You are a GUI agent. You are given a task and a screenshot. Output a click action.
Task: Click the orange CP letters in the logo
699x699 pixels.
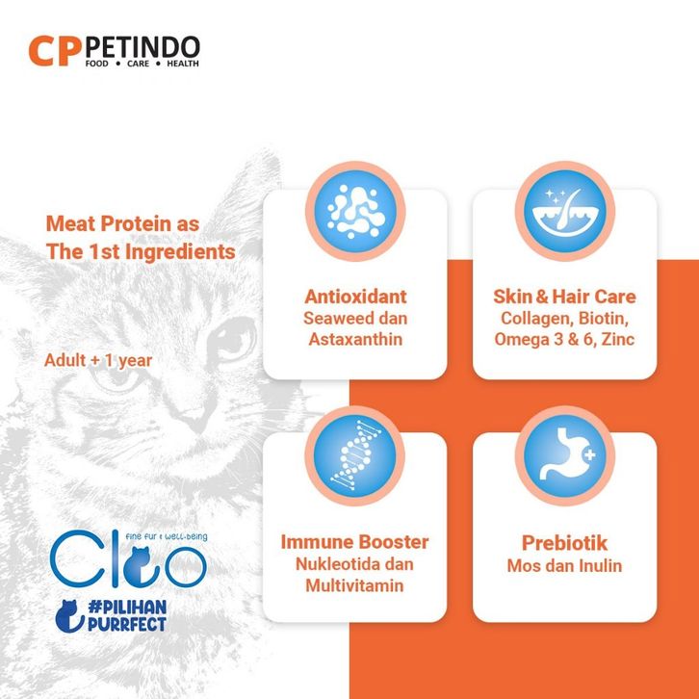(55, 51)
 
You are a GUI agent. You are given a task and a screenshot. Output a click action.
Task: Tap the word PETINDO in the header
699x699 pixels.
(142, 47)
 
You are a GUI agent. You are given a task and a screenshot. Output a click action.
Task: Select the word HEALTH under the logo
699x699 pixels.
(183, 64)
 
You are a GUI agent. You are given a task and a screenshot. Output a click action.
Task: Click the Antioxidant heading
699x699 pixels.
(355, 297)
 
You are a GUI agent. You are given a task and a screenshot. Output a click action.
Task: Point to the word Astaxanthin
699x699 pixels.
(355, 339)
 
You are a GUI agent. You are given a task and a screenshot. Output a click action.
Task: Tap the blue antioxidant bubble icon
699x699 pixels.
(355, 211)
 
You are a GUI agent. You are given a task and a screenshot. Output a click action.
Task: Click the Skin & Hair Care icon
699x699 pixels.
(565, 211)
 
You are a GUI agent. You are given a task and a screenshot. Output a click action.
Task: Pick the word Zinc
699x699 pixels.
(617, 339)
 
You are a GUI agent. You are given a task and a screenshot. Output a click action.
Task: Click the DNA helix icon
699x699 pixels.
(355, 455)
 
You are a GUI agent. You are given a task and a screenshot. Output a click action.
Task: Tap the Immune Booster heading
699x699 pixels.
(355, 542)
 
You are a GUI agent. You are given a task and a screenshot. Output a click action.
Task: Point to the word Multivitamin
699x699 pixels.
(355, 585)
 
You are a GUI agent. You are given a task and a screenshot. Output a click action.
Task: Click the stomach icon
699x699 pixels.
(565, 455)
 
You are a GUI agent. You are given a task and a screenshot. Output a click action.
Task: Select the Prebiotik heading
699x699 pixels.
(564, 543)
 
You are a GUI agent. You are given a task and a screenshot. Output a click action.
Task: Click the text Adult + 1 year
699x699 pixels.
(98, 360)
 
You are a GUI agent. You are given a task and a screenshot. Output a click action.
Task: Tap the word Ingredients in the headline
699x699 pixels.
(180, 252)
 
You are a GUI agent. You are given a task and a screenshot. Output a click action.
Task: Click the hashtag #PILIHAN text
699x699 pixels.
(127, 608)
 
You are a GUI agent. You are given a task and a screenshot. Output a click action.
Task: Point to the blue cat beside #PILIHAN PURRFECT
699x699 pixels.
(69, 616)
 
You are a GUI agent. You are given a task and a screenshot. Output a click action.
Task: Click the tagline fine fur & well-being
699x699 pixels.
(167, 536)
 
